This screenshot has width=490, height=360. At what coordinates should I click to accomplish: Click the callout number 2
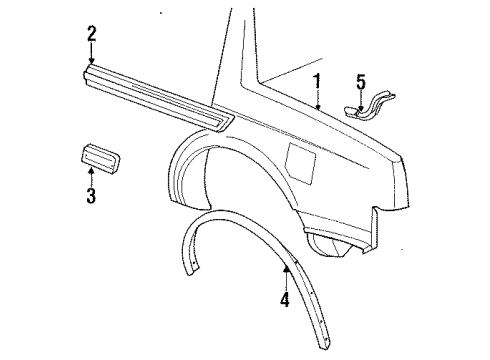(x=90, y=35)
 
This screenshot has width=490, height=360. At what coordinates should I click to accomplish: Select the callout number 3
(x=90, y=195)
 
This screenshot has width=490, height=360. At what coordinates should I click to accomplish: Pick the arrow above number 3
(x=90, y=176)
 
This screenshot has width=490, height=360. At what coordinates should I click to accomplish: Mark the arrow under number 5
(x=362, y=95)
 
